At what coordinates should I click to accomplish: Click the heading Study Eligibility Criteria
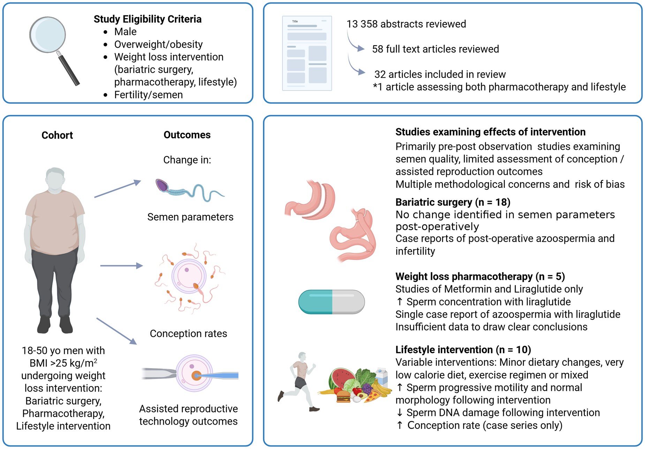(x=147, y=19)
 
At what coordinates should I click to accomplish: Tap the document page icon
(x=307, y=53)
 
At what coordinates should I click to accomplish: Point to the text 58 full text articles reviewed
(x=435, y=49)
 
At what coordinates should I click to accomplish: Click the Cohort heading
(x=57, y=135)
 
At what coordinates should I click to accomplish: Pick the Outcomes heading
(x=187, y=135)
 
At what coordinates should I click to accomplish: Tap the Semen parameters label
(x=190, y=217)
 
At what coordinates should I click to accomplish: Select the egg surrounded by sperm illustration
(x=189, y=277)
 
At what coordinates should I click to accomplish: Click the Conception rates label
(x=188, y=334)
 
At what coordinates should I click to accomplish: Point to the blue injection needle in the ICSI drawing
(x=220, y=375)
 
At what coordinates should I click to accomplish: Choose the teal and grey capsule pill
(x=331, y=302)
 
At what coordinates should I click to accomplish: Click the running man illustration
(x=299, y=381)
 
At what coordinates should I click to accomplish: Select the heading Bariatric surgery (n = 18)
(x=453, y=202)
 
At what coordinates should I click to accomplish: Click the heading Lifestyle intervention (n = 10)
(x=463, y=349)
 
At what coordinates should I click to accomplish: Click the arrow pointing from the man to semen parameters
(x=117, y=189)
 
